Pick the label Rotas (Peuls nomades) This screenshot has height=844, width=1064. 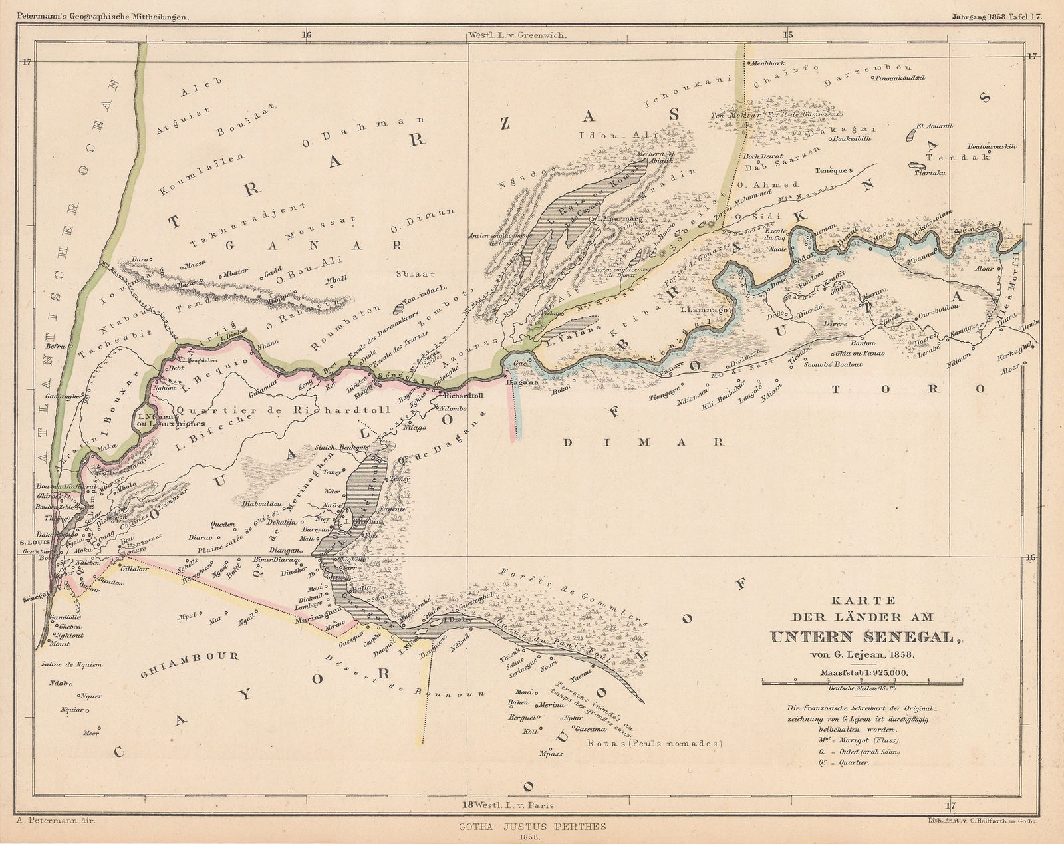point(654,744)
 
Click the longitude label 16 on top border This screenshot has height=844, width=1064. point(307,35)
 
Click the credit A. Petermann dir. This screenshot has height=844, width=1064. point(56,822)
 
